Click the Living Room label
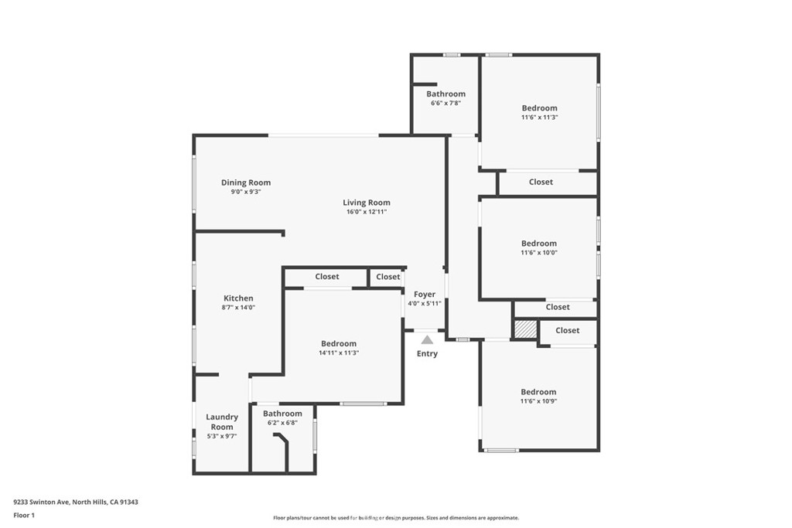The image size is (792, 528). coord(367,203)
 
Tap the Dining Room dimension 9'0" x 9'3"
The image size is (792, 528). coord(246,192)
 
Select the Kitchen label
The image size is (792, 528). coord(238,298)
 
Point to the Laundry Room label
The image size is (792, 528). coord(222,422)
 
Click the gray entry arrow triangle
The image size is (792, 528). coord(427,339)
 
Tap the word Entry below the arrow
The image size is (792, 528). coord(427,354)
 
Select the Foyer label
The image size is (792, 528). coord(425,294)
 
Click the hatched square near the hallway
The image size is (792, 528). coord(525,329)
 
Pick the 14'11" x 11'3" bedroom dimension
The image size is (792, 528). coord(339,353)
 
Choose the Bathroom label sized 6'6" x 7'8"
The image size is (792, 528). coord(446,94)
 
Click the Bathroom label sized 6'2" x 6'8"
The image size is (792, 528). coord(282,414)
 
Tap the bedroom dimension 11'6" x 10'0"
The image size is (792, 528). coord(539,252)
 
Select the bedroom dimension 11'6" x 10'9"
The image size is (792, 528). coord(538,400)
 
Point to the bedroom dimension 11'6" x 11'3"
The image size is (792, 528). coord(539,118)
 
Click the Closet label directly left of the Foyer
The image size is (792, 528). coord(388,277)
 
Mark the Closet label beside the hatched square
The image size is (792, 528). coord(567,330)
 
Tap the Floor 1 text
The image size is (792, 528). coord(24,515)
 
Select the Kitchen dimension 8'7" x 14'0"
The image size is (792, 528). coord(238,307)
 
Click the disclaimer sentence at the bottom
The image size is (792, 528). coord(396,518)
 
